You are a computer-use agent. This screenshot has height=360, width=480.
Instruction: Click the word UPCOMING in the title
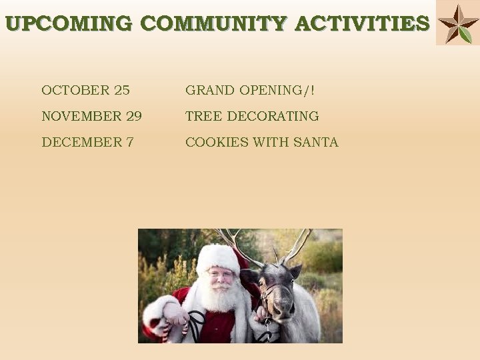(69, 24)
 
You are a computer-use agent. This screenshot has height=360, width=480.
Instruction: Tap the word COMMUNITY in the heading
(214, 24)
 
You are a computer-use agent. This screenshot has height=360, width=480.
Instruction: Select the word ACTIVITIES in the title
(362, 24)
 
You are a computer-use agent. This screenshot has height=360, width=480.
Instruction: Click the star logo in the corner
(457, 23)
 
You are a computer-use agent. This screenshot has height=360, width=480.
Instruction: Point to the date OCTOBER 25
(85, 90)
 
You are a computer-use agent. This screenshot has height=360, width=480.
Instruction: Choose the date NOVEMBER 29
(91, 116)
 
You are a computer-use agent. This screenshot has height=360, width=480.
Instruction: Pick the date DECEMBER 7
(87, 142)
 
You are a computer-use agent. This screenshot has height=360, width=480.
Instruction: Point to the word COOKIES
(213, 142)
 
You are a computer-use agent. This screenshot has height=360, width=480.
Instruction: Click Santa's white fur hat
(218, 257)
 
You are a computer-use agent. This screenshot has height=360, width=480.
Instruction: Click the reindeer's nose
(283, 311)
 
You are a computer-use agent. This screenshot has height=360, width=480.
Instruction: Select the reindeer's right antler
(299, 243)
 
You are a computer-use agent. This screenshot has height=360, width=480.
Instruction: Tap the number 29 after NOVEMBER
(133, 116)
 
